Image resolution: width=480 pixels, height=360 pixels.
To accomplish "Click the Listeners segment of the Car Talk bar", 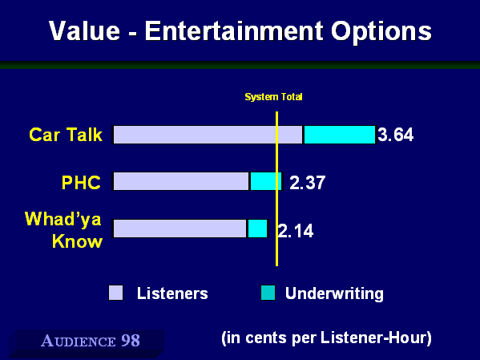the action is coord(208,135).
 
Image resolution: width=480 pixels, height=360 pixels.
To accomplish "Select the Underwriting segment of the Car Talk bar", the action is coord(340,135).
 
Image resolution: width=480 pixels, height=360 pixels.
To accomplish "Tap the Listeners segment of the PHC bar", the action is coord(181,181).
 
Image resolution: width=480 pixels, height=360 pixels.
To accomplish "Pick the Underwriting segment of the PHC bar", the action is coord(266,181).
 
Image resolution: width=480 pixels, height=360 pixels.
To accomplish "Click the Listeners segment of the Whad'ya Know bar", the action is coord(179,229).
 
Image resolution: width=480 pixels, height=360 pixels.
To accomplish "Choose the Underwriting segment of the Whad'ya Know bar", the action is coord(257,229).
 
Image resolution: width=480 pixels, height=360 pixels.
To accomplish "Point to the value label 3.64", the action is coord(396,135).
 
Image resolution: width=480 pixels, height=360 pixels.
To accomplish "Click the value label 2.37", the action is coord(308,183).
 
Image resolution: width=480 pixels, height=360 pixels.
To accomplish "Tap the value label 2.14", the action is coord(296,231).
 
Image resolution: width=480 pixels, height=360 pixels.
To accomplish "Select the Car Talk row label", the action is coord(66,135).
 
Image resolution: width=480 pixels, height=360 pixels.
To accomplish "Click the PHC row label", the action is coord(81,183).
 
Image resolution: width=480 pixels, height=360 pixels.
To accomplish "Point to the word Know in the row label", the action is coord(77,241).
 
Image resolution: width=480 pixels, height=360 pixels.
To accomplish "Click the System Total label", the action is coord(274,97).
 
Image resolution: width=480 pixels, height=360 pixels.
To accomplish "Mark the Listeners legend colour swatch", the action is coord(116,293).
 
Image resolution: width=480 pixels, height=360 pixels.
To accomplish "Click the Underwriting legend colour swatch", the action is coord(268,293).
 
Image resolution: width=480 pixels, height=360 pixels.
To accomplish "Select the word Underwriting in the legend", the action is coord(334,293).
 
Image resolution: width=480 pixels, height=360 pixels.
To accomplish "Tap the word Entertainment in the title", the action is coord(234,31).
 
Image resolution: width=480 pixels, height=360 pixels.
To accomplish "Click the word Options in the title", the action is coord(381,32).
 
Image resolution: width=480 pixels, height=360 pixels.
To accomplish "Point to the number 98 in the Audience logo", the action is coord(131,341).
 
